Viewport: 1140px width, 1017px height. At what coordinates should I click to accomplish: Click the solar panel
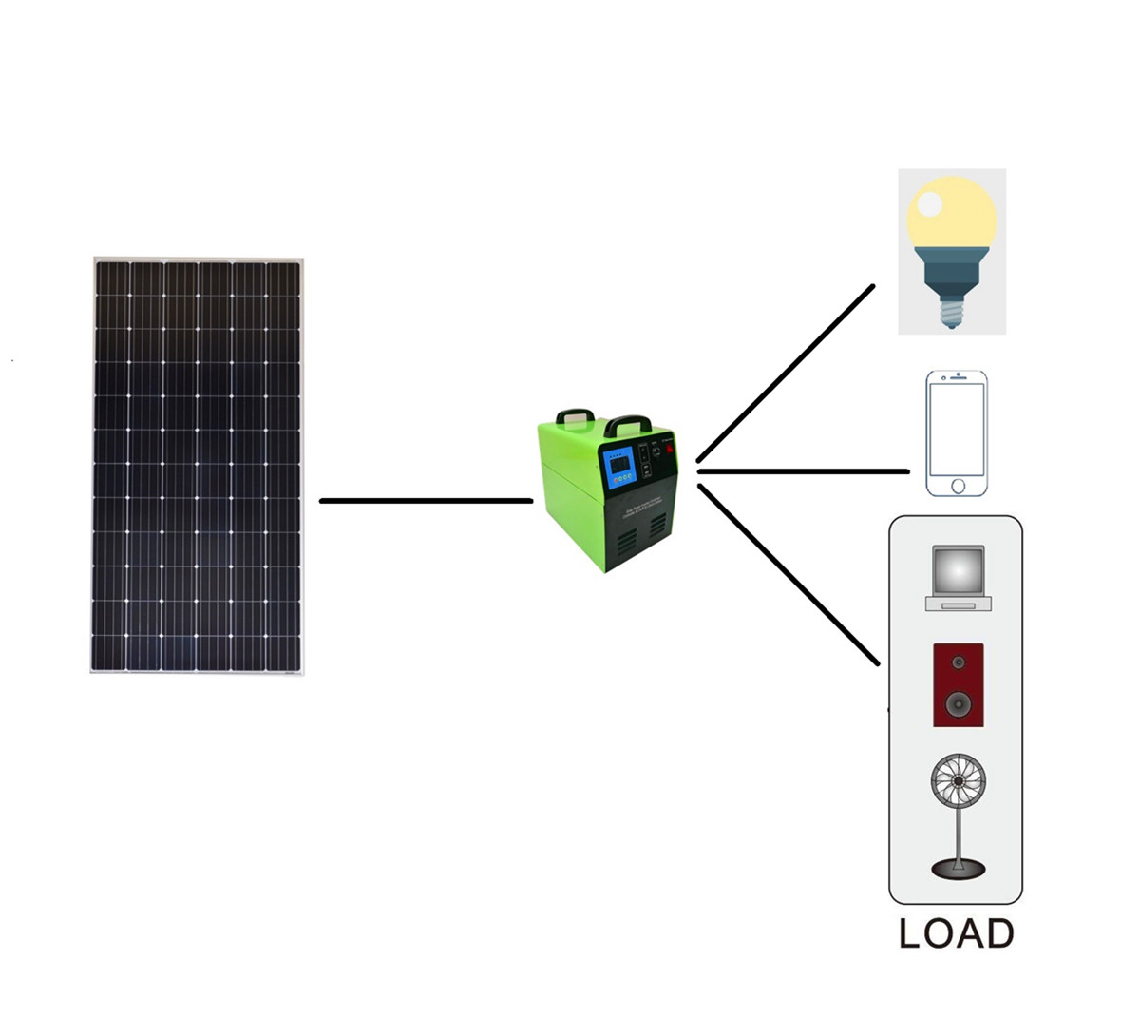point(198,465)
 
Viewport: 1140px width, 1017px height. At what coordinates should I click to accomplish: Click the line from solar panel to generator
point(426,500)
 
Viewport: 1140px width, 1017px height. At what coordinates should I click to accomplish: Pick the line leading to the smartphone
point(803,471)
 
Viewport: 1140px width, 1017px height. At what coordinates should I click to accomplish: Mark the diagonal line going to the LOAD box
point(787,574)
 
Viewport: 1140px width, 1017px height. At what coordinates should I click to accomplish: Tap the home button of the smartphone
point(957,486)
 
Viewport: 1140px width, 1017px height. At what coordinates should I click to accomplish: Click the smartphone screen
point(957,429)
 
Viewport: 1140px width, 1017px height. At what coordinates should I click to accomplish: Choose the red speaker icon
point(958,684)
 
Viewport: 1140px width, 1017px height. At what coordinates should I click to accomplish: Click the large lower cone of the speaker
point(958,704)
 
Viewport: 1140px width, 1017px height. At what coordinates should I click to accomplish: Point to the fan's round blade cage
point(958,785)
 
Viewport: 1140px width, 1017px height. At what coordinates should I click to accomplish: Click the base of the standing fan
point(958,867)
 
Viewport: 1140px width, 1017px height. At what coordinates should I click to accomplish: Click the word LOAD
point(956,933)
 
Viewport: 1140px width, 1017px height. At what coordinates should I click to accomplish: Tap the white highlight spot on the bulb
point(929,203)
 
